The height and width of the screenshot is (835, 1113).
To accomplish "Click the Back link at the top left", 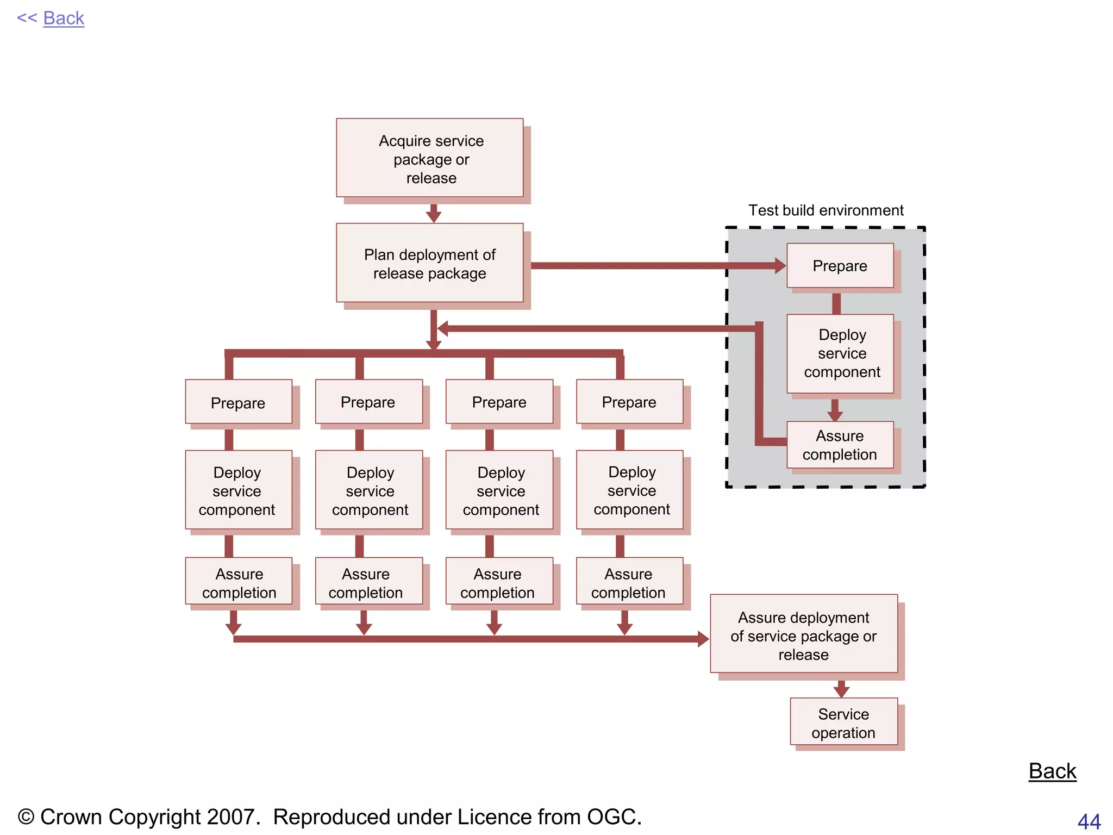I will [63, 18].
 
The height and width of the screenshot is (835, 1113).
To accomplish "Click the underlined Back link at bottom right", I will [1052, 771].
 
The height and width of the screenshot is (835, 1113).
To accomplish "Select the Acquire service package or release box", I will [430, 158].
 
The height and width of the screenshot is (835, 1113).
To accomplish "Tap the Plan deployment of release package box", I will [430, 263].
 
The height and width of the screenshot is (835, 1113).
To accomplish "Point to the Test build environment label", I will [826, 210].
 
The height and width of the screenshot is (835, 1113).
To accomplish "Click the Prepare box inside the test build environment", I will [840, 266].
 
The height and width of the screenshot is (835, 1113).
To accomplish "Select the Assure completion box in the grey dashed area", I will [840, 445].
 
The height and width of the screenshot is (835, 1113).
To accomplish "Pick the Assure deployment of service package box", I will [804, 634].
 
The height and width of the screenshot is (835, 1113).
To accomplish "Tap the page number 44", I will [1089, 821].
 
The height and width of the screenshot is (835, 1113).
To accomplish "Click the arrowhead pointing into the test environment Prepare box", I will [780, 266].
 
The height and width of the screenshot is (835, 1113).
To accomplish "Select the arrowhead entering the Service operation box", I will [841, 691].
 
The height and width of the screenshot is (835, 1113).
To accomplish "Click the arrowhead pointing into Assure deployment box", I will [703, 639].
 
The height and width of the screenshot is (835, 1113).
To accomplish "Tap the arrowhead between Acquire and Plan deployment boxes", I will [434, 216].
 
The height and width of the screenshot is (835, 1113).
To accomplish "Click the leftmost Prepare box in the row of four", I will [239, 402].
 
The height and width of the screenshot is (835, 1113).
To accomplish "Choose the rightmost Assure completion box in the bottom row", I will [629, 582].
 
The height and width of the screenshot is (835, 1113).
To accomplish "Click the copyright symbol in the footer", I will [26, 817].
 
